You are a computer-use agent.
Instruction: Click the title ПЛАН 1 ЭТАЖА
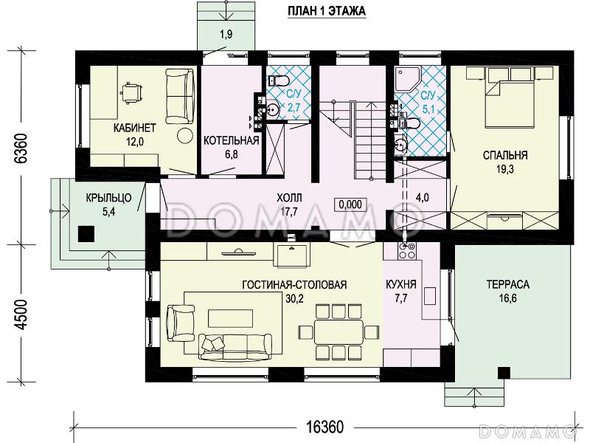(327, 11)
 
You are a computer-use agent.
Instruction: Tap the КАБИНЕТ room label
(135, 128)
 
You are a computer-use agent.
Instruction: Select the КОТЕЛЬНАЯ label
(232, 140)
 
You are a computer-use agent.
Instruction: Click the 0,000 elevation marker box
(350, 205)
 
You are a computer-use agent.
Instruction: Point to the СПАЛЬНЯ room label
(505, 155)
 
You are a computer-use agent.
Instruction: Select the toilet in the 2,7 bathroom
(279, 80)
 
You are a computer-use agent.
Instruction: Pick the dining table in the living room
(339, 331)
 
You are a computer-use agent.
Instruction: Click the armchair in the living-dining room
(181, 324)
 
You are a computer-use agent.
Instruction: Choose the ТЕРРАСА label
(507, 284)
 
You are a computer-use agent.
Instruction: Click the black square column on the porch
(86, 234)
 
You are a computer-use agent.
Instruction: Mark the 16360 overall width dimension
(325, 427)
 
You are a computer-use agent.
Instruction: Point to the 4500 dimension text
(23, 315)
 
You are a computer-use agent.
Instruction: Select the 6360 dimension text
(21, 148)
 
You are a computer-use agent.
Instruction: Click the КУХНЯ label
(401, 284)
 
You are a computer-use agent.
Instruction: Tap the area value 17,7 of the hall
(289, 211)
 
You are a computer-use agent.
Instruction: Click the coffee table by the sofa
(230, 319)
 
